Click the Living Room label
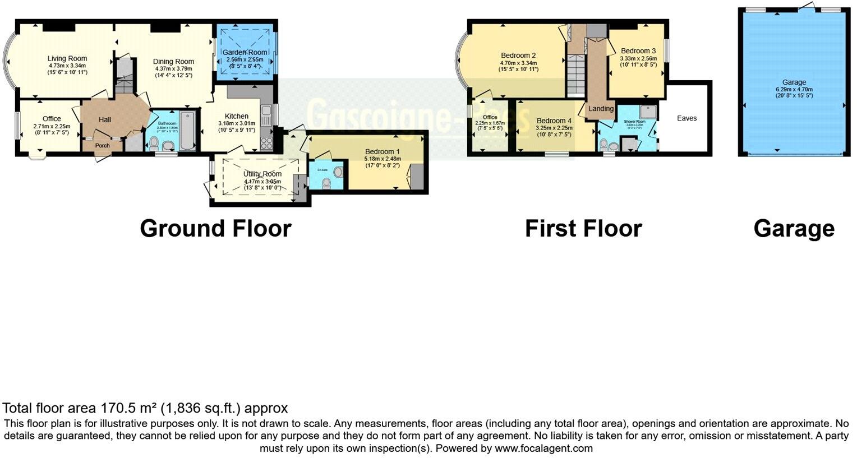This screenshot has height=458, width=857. (x=67, y=58)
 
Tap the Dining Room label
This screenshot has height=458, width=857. (x=173, y=62)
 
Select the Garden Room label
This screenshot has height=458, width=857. (x=247, y=53)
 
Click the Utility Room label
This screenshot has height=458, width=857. (x=262, y=174)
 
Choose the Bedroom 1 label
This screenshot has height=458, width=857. (x=383, y=151)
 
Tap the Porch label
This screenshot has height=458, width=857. (x=102, y=146)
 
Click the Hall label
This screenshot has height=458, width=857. (x=105, y=119)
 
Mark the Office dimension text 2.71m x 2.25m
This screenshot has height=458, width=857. (x=52, y=126)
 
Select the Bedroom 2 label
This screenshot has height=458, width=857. (x=518, y=55)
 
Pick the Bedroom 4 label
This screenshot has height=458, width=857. (x=554, y=121)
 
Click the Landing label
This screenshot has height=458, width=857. (x=601, y=109)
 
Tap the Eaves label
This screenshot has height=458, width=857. (x=686, y=118)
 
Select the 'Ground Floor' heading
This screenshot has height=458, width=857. (x=215, y=228)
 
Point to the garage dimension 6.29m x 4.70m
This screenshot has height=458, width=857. (x=794, y=89)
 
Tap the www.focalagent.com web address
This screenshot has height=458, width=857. (x=543, y=448)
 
